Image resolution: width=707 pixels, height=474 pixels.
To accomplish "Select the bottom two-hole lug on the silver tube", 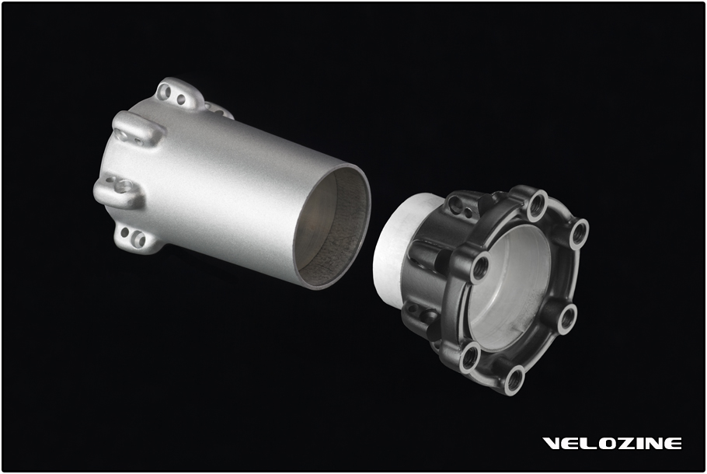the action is [x=134, y=238].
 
